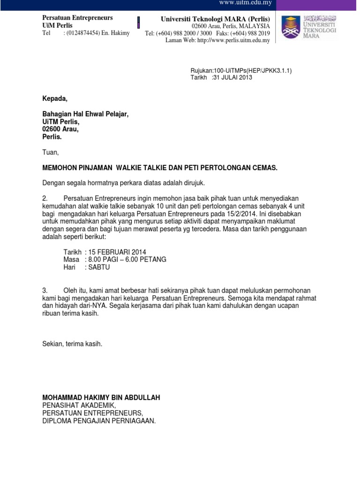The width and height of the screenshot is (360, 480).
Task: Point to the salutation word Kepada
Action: pyautogui.click(x=55, y=98)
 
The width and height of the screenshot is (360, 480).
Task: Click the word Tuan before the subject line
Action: pyautogui.click(x=51, y=153)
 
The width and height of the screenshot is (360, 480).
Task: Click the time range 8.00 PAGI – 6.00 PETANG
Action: pyautogui.click(x=126, y=260)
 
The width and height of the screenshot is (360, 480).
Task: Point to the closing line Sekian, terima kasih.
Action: pyautogui.click(x=72, y=344)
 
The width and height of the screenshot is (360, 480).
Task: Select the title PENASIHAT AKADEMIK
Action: pyautogui.click(x=78, y=405)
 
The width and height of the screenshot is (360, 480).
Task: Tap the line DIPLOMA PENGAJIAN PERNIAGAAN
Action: pyautogui.click(x=99, y=420)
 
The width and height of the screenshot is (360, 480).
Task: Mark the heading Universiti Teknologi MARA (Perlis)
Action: pyautogui.click(x=215, y=18)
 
